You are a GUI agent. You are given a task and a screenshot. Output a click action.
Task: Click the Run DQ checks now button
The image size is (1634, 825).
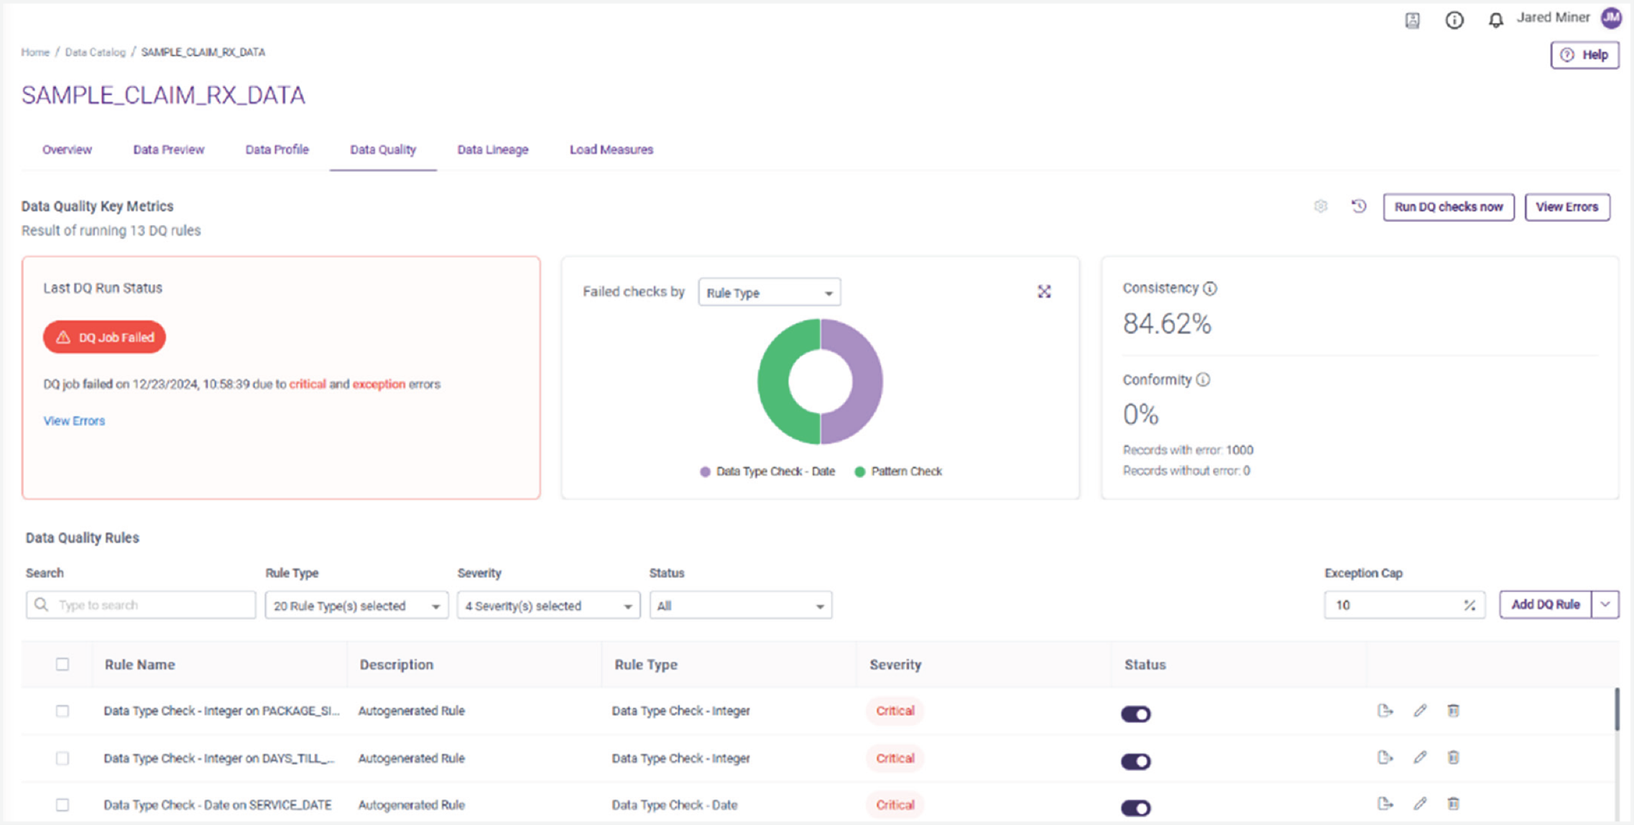pyautogui.click(x=1448, y=207)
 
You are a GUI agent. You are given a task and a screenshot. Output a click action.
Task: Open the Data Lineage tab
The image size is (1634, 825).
pyautogui.click(x=492, y=149)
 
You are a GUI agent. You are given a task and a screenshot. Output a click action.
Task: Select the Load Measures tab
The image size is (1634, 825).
pyautogui.click(x=611, y=149)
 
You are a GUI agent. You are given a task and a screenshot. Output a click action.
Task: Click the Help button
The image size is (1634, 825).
pyautogui.click(x=1584, y=55)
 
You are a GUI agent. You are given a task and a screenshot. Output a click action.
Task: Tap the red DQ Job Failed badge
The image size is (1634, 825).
pyautogui.click(x=104, y=337)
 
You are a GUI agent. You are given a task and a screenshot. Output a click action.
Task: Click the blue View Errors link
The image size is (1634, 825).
pyautogui.click(x=74, y=421)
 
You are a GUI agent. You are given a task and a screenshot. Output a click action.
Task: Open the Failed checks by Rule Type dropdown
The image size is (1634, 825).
pyautogui.click(x=769, y=292)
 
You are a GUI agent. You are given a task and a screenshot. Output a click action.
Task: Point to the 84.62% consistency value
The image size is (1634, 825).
pyautogui.click(x=1167, y=324)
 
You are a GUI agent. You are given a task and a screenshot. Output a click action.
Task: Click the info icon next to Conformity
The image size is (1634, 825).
pyautogui.click(x=1203, y=379)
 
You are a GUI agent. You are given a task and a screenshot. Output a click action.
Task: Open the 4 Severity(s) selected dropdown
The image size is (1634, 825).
pyautogui.click(x=548, y=606)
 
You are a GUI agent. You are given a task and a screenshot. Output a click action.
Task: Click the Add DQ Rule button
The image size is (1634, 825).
pyautogui.click(x=1545, y=604)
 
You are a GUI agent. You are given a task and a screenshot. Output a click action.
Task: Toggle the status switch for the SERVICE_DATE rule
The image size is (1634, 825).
pyautogui.click(x=1135, y=807)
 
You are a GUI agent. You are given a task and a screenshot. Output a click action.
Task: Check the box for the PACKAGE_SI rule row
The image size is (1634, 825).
pyautogui.click(x=63, y=711)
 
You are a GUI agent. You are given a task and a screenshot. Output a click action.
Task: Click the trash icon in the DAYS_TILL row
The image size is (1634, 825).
pyautogui.click(x=1453, y=757)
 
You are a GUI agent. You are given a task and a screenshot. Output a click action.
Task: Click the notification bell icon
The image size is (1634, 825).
pyautogui.click(x=1495, y=20)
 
